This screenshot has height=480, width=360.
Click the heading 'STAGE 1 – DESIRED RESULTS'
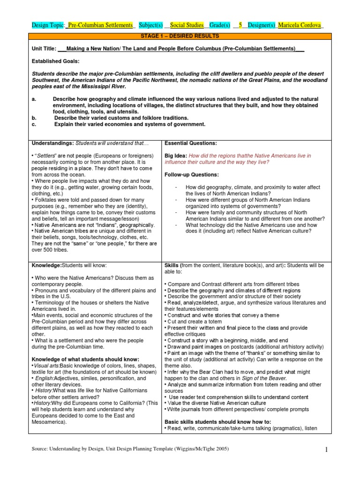(x=180, y=36)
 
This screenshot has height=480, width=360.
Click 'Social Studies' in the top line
(x=187, y=25)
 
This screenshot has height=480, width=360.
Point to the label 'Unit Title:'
(x=44, y=48)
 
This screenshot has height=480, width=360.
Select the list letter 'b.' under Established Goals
(x=34, y=118)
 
